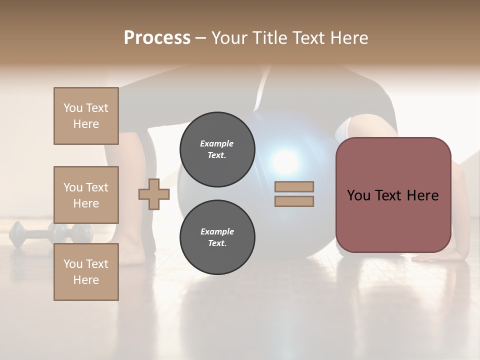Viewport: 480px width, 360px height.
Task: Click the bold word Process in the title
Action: [157, 38]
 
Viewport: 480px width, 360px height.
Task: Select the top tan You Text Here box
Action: [86, 116]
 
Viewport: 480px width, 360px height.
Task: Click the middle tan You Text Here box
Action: [86, 195]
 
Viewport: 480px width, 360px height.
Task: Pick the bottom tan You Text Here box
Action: [86, 272]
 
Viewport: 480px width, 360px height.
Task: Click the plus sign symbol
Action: [154, 194]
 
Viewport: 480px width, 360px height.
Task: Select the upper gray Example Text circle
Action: [217, 149]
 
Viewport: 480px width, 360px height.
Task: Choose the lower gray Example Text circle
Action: [217, 237]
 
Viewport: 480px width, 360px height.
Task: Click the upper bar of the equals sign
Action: [294, 186]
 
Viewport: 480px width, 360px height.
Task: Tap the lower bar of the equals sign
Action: [294, 201]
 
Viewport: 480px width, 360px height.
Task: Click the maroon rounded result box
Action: [393, 195]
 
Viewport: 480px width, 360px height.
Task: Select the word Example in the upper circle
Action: [217, 143]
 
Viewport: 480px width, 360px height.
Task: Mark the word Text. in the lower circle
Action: [217, 243]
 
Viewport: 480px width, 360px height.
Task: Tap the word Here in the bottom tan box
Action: [86, 280]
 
